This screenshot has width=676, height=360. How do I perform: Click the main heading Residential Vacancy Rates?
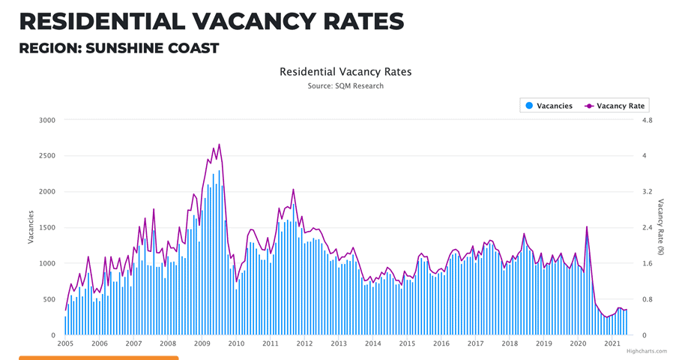tap(211, 21)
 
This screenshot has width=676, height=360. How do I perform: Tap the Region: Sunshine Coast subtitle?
tap(118, 49)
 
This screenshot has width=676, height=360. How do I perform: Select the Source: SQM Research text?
tap(345, 86)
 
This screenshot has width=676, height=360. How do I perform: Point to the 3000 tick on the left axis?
tap(46, 120)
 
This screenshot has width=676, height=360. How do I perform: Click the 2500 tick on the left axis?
tap(46, 156)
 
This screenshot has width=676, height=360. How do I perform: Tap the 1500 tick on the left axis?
tap(46, 227)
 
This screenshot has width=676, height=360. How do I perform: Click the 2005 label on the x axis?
tap(65, 343)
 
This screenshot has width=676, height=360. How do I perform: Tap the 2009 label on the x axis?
tap(202, 343)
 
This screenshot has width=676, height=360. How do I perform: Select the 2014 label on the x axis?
tap(372, 343)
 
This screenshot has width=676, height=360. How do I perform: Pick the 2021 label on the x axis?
tap(612, 343)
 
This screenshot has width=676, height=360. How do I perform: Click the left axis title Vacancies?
tap(31, 227)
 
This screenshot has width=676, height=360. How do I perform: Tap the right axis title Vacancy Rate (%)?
tap(661, 227)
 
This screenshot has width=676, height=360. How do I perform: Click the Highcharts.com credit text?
tap(648, 351)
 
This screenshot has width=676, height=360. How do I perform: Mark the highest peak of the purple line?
tap(219, 144)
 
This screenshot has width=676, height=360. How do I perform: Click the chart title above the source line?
tap(345, 72)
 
